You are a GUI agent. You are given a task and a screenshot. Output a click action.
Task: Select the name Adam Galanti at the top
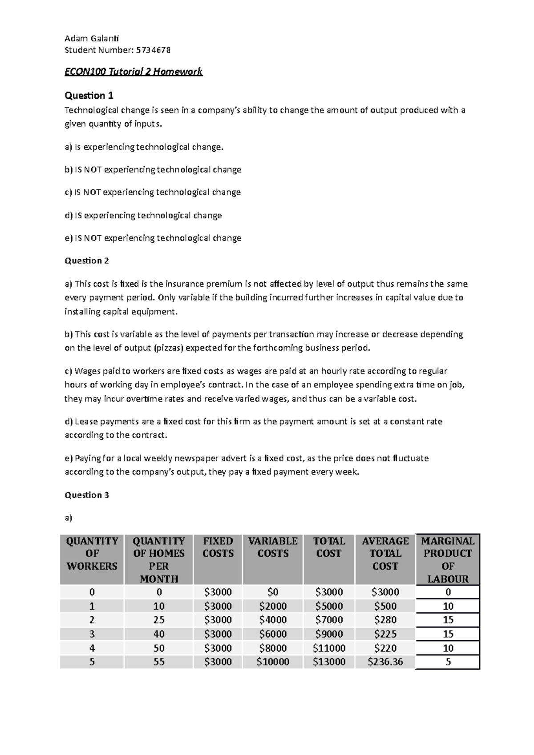click(92, 38)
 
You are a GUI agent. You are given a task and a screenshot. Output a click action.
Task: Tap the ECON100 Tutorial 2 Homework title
click(133, 72)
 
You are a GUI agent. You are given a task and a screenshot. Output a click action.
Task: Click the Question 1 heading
click(89, 95)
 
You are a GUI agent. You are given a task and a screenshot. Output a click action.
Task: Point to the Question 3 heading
click(87, 495)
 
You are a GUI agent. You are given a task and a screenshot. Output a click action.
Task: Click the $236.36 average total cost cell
click(385, 662)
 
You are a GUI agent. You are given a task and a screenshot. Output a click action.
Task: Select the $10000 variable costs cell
click(273, 662)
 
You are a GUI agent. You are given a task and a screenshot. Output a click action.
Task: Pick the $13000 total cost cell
click(329, 662)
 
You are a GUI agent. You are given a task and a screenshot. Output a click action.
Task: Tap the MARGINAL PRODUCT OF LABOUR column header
click(448, 559)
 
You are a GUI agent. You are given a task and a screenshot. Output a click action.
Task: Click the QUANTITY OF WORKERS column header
click(92, 554)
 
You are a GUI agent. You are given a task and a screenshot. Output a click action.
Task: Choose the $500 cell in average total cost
click(385, 606)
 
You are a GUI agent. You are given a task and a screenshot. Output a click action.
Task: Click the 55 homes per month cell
click(159, 662)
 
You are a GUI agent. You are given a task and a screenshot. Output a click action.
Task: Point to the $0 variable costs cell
click(273, 592)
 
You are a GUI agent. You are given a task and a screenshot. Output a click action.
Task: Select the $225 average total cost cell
click(385, 634)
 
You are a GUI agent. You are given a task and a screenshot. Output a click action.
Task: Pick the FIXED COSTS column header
click(218, 547)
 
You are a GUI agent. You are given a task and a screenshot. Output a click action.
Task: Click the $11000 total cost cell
click(329, 648)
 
